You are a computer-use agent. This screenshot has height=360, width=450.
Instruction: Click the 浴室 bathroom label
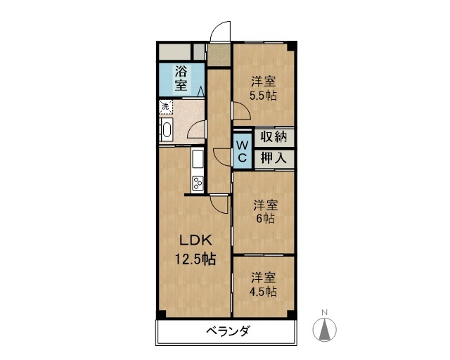[x=181, y=78]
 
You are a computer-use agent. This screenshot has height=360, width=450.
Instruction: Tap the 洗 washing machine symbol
[x=166, y=107]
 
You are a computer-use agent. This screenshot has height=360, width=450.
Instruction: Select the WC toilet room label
[x=242, y=151]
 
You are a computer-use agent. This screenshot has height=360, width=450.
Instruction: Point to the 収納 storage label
[x=274, y=136]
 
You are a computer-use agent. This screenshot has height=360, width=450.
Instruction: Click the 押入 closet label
[x=274, y=157]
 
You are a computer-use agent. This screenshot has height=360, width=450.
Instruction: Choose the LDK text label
[x=195, y=240]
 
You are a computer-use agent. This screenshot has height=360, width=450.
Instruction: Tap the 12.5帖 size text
[x=195, y=259]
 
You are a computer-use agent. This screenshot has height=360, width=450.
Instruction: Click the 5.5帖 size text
[x=263, y=96]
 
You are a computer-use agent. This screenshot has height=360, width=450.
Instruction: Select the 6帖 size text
[x=266, y=219]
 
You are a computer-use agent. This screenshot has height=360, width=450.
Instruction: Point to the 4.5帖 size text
[x=263, y=292]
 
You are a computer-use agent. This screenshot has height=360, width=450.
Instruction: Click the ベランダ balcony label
[x=228, y=331]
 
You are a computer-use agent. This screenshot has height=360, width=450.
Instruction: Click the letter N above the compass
[x=325, y=312]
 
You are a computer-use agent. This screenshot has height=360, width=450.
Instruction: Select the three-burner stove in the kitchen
[x=198, y=183]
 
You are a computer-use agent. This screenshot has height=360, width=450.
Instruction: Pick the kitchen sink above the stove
[x=198, y=159]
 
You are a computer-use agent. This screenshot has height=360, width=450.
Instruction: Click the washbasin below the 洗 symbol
[x=167, y=129]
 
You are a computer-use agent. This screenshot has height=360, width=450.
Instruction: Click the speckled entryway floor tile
[x=219, y=55]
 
